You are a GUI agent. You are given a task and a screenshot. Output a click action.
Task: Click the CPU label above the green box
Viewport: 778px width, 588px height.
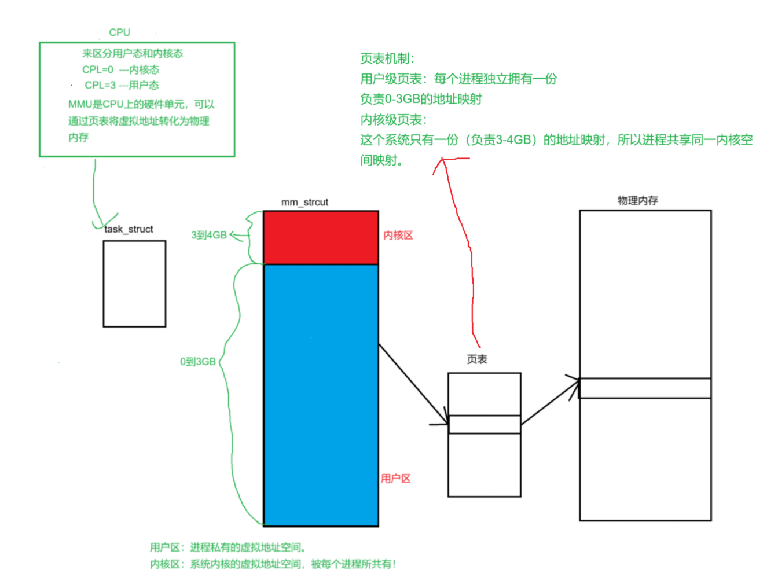click(119, 32)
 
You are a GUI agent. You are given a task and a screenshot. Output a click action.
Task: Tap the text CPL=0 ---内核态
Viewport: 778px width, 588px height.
click(120, 69)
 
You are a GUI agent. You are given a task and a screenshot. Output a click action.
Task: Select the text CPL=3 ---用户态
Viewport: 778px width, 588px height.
click(122, 85)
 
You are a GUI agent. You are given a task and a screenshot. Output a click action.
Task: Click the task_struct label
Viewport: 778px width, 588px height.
click(129, 229)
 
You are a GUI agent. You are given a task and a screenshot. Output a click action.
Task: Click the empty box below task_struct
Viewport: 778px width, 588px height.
click(134, 284)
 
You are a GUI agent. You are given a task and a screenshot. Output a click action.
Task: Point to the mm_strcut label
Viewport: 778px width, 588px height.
click(304, 202)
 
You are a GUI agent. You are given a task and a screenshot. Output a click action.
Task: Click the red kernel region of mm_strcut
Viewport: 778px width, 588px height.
click(321, 237)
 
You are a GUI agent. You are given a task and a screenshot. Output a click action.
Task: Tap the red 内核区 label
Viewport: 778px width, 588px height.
click(398, 235)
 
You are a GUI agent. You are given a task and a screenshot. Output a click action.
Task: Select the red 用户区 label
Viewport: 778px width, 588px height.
click(395, 479)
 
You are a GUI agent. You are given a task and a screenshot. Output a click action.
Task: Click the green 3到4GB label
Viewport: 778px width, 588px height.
click(209, 235)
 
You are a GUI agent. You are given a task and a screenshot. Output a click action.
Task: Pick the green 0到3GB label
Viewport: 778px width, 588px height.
click(198, 362)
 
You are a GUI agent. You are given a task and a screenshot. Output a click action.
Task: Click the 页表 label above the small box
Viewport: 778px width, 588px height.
click(477, 359)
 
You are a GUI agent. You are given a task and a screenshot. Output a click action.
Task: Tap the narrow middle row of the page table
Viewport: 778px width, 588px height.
click(484, 424)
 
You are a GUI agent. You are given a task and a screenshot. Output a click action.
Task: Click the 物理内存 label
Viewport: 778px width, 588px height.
click(638, 200)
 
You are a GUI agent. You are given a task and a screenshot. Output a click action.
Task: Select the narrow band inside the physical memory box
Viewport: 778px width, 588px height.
click(645, 388)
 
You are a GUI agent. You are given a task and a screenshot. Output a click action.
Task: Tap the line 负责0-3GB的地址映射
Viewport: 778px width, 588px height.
click(421, 99)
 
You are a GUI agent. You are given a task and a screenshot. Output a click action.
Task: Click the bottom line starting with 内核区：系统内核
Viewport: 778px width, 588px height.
click(273, 564)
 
